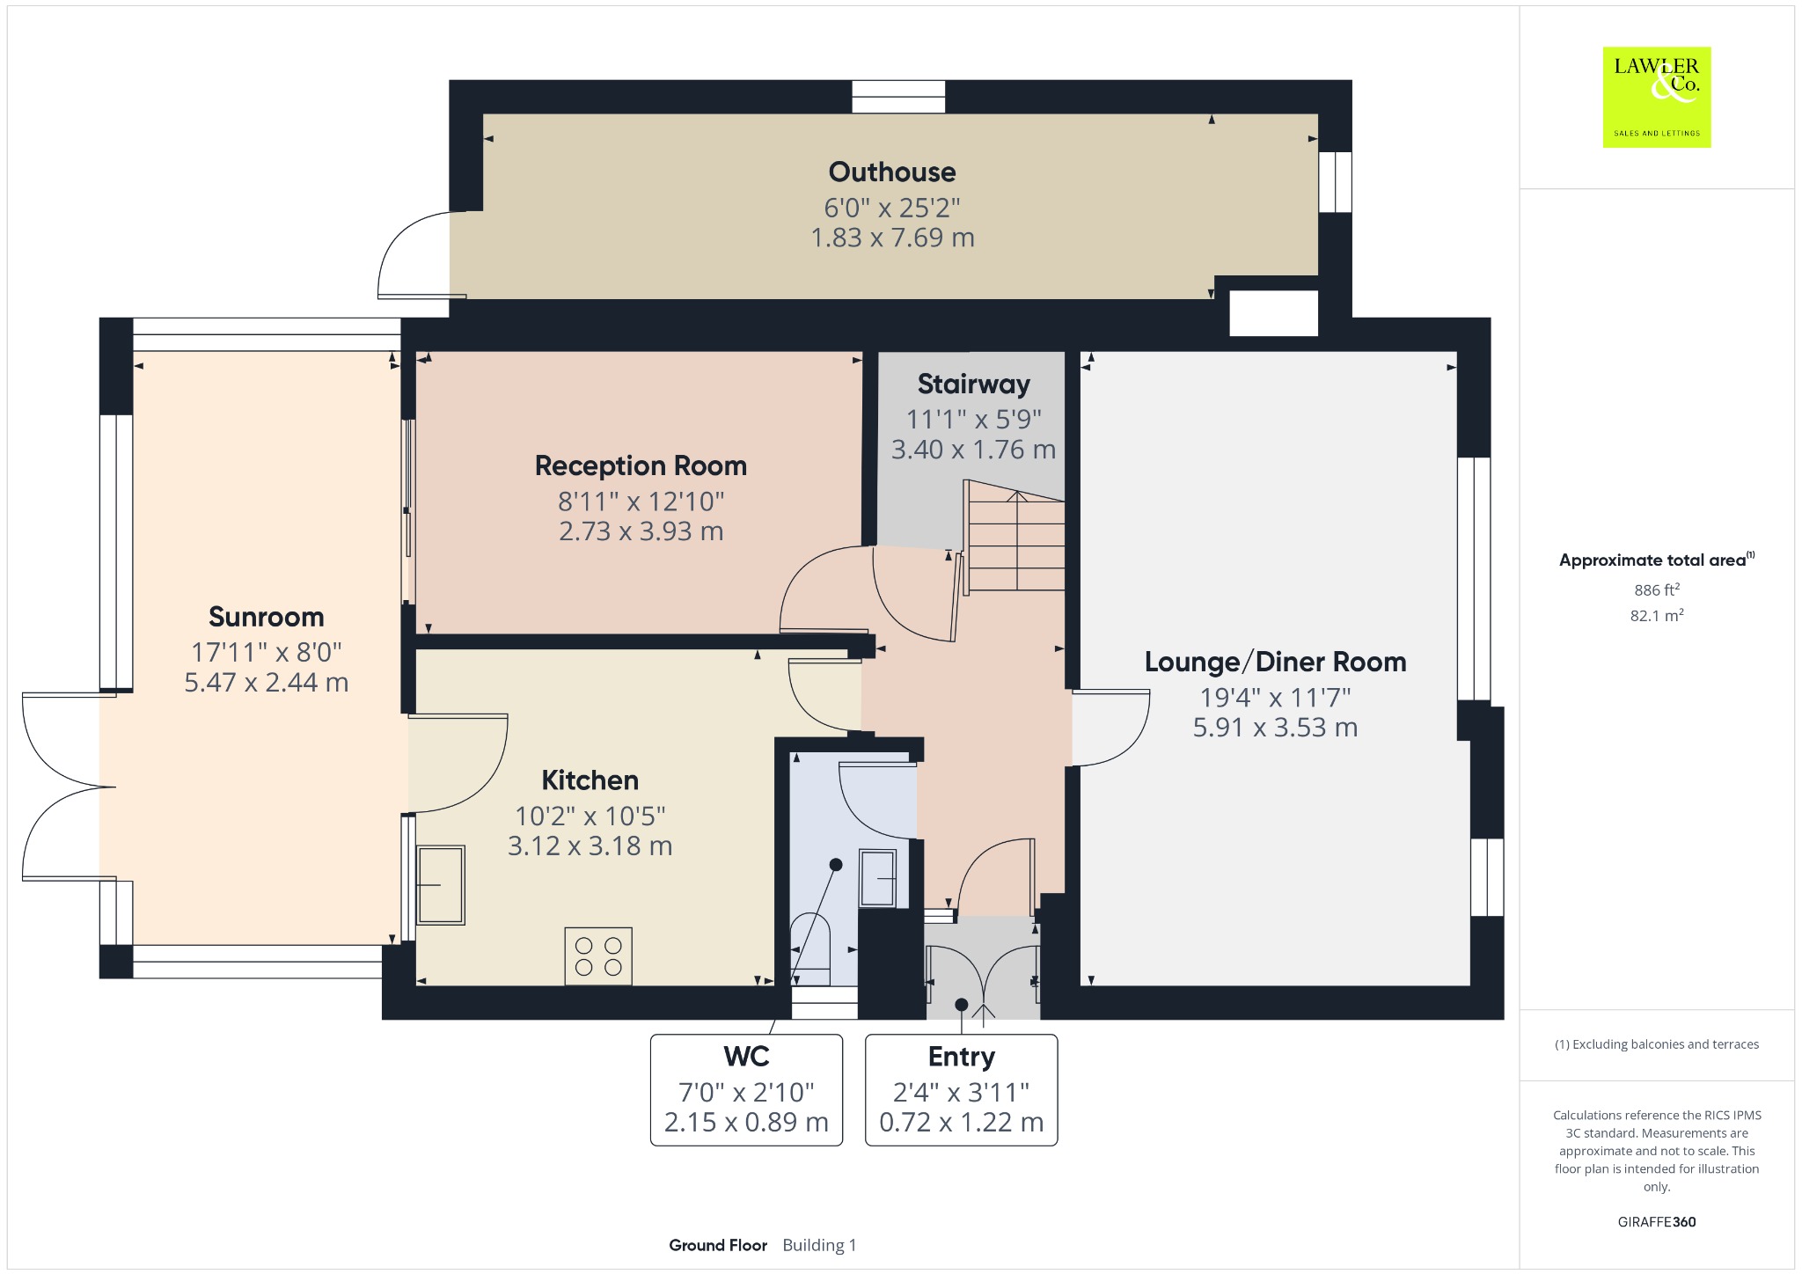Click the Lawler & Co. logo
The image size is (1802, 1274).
point(1657,97)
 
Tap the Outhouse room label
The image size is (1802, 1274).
point(892,172)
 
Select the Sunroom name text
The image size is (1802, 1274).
point(266,617)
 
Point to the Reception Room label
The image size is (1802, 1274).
point(641,465)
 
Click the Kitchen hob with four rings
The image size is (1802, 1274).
point(598,956)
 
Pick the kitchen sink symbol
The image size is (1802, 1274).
point(440,885)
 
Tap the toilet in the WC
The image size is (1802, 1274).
point(811,949)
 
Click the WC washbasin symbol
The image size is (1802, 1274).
point(877,878)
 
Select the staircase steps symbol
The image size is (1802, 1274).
point(1015,536)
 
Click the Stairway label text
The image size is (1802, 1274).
point(973,384)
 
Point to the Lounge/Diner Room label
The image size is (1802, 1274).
point(1275,662)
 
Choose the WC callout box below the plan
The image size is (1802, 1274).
point(746,1090)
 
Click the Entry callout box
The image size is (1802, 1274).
point(962,1090)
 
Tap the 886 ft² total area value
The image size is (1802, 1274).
point(1657,589)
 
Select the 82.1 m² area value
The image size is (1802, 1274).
point(1657,615)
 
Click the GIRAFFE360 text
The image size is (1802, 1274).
point(1657,1221)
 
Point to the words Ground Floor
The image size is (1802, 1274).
point(718,1245)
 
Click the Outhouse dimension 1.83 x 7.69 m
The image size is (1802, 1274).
point(892,238)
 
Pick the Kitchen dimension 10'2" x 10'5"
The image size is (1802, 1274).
point(590,816)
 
